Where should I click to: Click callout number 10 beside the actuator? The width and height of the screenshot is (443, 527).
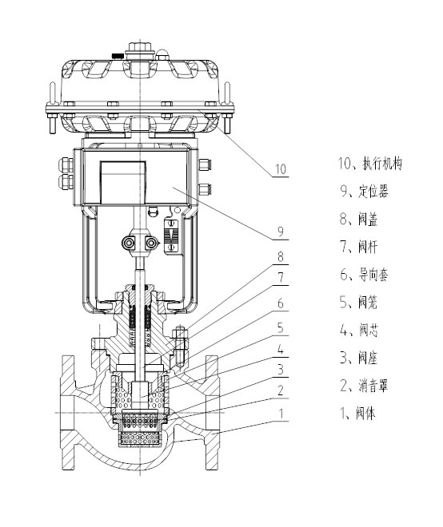pyautogui.click(x=281, y=168)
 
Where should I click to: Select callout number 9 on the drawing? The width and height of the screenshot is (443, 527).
pyautogui.click(x=281, y=232)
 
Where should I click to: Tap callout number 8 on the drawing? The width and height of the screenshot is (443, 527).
pyautogui.click(x=281, y=257)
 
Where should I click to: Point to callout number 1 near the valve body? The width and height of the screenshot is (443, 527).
pyautogui.click(x=281, y=414)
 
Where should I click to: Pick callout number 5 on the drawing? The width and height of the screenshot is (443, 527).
pyautogui.click(x=281, y=327)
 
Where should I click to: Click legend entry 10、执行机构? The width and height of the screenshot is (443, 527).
pyautogui.click(x=370, y=164)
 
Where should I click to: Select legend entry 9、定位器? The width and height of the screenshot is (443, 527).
pyautogui.click(x=364, y=192)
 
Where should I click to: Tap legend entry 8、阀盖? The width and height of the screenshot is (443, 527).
pyautogui.click(x=359, y=219)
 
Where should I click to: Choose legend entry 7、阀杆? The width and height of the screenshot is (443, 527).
pyautogui.click(x=359, y=247)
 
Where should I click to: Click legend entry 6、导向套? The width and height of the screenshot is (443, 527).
pyautogui.click(x=364, y=275)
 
